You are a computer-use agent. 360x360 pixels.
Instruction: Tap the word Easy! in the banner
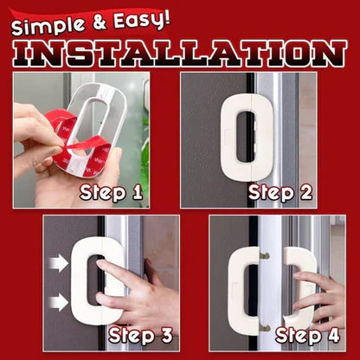point(141,20)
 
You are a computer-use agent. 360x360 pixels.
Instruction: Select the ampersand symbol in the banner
point(100,22)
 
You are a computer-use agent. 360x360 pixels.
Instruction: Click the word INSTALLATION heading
point(179,53)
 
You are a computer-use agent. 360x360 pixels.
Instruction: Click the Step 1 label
point(111,193)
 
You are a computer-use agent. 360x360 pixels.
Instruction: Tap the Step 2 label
point(280,193)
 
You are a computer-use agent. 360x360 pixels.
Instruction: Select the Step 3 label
point(140,336)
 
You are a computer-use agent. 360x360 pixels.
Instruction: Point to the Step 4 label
point(307,336)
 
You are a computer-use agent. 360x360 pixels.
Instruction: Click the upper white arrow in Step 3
point(58,263)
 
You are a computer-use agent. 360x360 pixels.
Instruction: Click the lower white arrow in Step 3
point(58,302)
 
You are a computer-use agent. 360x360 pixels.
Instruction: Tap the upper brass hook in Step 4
point(265,255)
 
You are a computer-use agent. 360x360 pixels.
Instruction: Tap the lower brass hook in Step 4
point(265,328)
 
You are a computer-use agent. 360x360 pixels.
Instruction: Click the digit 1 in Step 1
point(137,192)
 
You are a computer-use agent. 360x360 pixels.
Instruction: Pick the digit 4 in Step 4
point(333,335)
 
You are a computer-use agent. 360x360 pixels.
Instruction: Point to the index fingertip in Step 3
point(100,263)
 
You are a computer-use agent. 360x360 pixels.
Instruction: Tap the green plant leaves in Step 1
point(145,162)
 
